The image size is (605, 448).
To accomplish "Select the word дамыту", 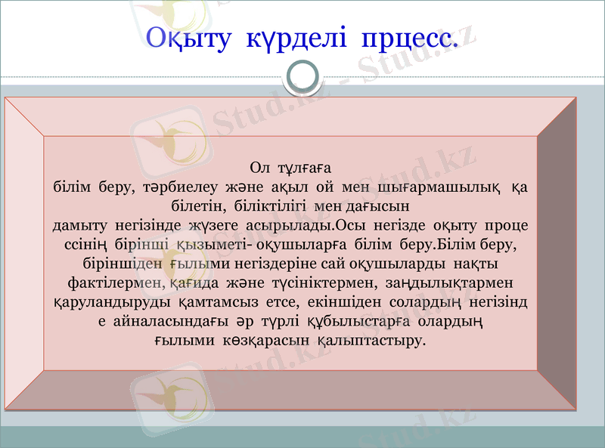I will (x=81, y=225).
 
